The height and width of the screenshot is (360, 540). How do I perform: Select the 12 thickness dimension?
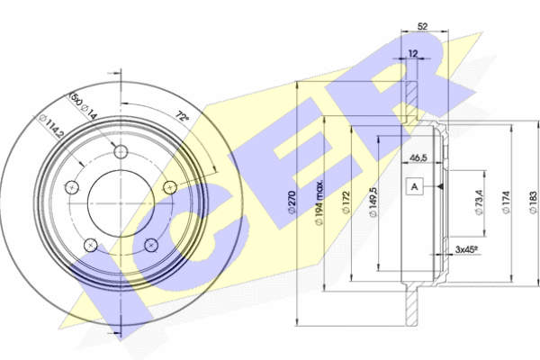pos(414,55)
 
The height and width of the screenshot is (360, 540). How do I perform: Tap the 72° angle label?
pos(183,117)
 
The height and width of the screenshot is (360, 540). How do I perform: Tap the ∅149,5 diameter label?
pos(373,202)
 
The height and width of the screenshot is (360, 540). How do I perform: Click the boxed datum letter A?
pos(414,186)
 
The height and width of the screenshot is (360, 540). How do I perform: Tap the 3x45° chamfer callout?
pos(464,249)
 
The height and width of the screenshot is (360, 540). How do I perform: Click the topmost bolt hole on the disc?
pos(121,150)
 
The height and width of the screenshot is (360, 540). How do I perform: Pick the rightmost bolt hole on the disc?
pos(170,186)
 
